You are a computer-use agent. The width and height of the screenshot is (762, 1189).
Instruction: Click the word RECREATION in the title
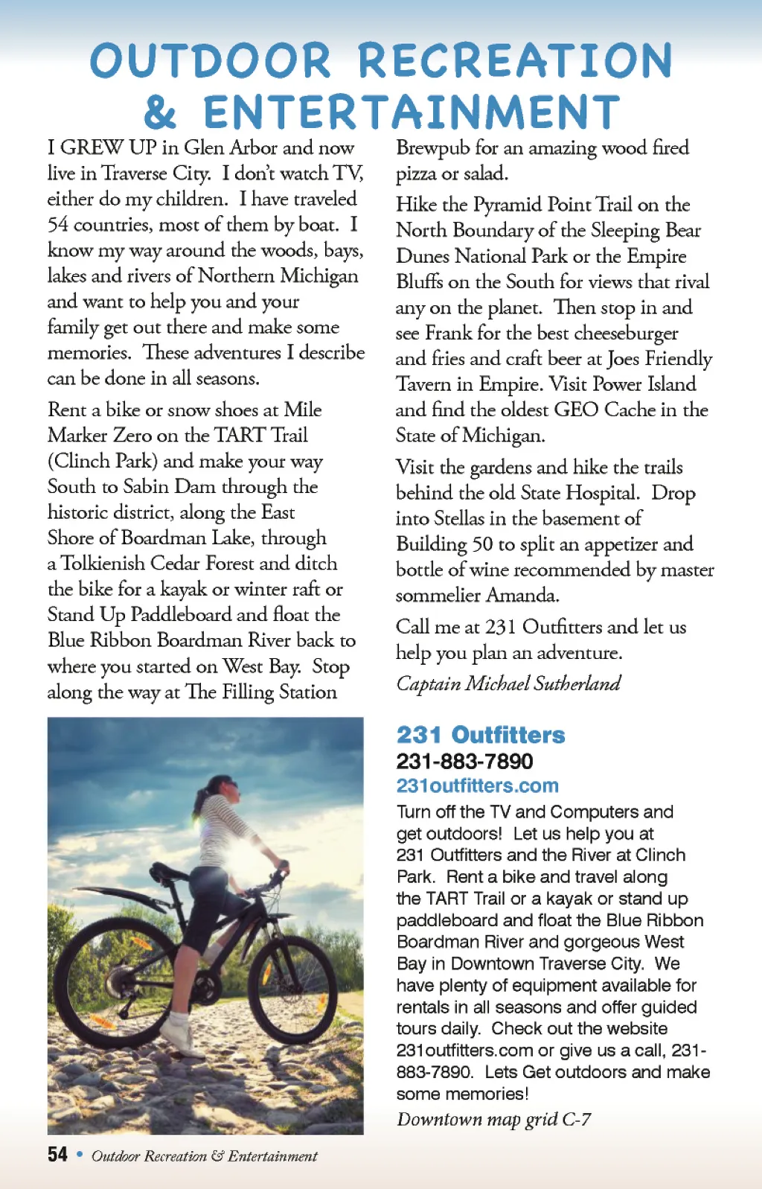515,60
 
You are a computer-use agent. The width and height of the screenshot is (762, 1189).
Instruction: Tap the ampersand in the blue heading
160,112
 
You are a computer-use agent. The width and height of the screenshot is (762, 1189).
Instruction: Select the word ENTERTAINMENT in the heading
412,112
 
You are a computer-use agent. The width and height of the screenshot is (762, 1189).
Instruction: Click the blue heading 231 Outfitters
481,735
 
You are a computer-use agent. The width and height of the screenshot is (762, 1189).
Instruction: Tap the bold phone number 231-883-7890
464,761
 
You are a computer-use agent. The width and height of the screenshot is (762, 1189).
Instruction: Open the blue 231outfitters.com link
477,785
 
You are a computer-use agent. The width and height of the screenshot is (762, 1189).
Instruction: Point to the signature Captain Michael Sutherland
508,683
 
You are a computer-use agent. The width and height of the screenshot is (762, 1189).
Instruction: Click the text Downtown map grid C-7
493,1119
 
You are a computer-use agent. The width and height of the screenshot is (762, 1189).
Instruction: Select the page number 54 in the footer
57,1154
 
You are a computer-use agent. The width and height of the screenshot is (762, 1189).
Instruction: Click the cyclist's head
221,787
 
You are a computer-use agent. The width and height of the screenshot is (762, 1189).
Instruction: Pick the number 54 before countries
58,224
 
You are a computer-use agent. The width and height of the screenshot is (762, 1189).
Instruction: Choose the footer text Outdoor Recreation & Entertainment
205,1155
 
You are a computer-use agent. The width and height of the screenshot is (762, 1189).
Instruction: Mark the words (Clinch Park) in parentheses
103,461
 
